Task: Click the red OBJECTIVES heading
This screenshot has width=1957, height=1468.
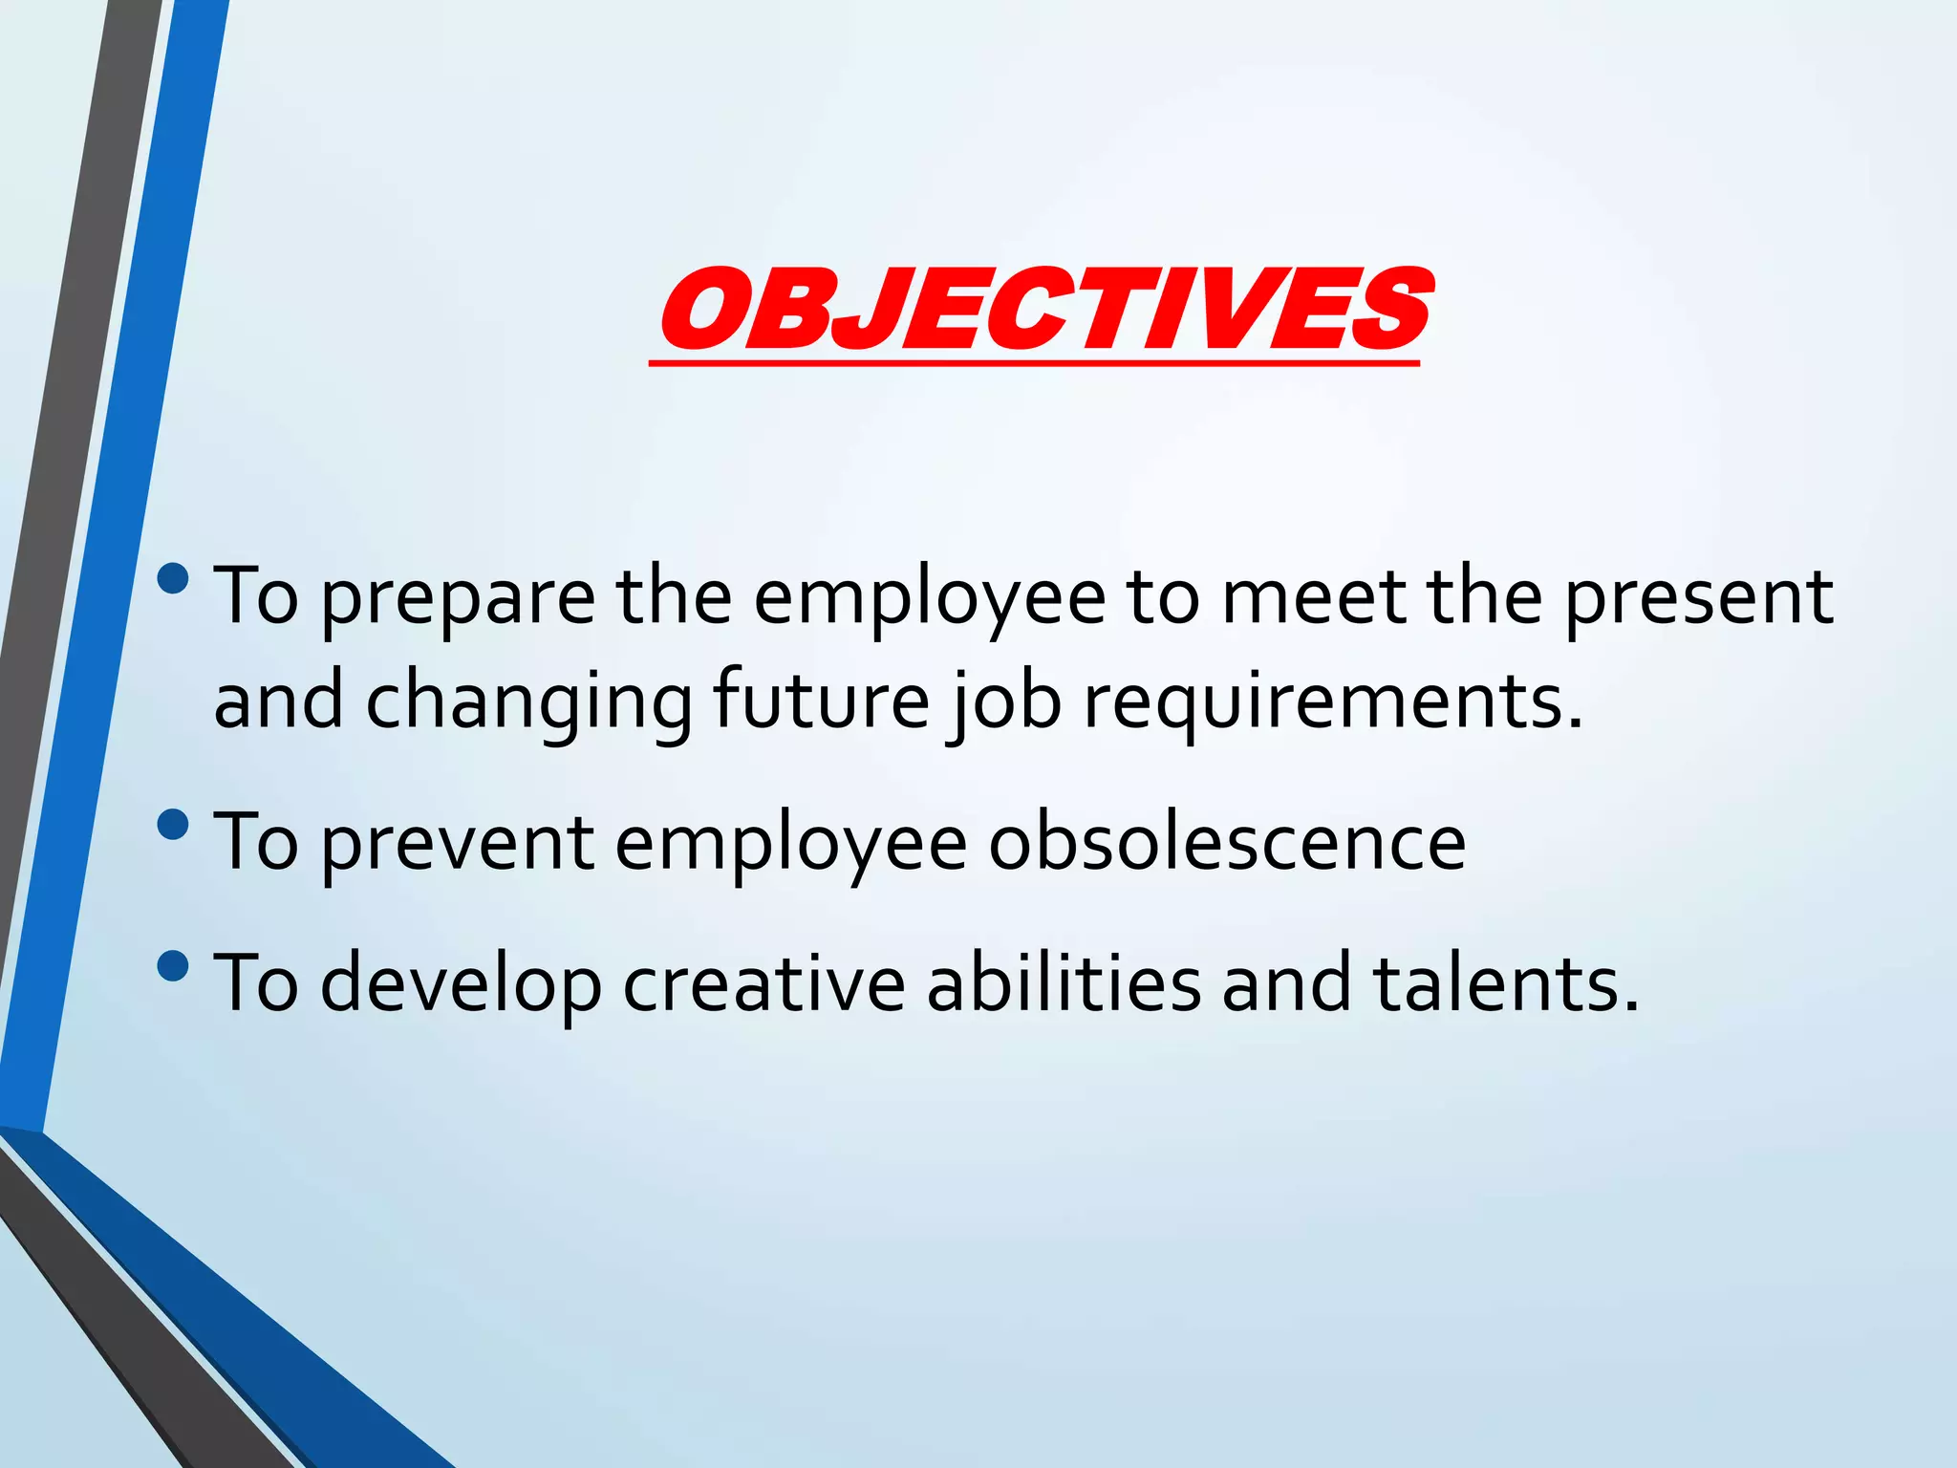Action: click(x=1043, y=309)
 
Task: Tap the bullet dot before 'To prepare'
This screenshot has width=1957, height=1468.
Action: click(x=173, y=578)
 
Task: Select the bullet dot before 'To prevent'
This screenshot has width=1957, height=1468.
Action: click(x=173, y=823)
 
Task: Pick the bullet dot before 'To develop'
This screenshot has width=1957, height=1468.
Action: click(x=173, y=965)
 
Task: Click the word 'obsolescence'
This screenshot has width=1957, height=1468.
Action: click(x=1226, y=842)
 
